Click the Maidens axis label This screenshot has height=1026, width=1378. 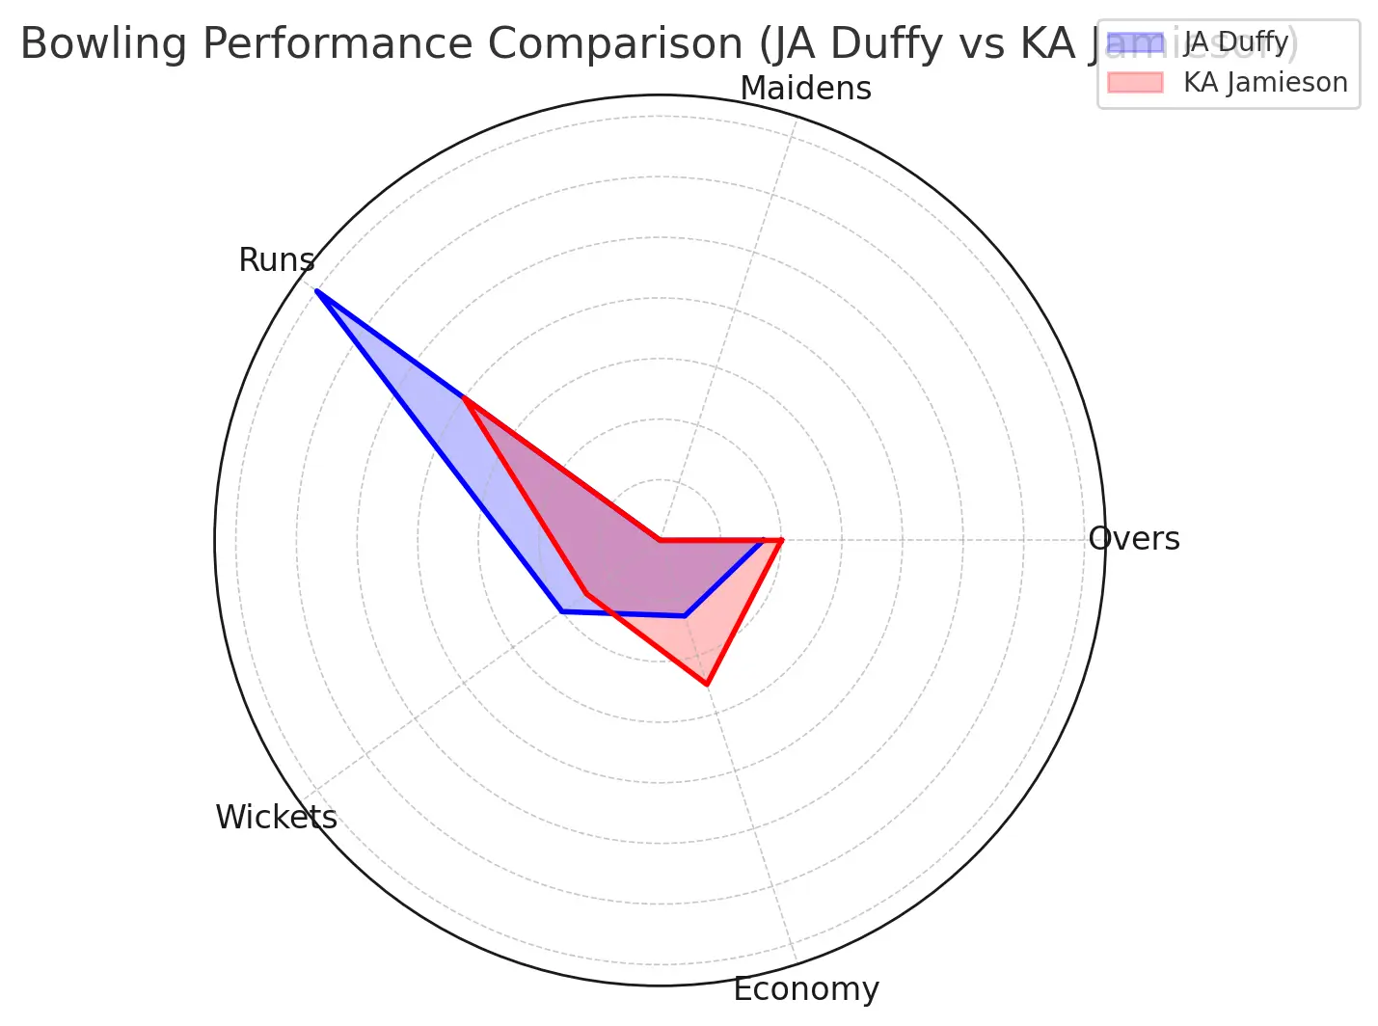(805, 89)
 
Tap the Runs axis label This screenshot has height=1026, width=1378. (277, 260)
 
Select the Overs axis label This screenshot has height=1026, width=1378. (1134, 539)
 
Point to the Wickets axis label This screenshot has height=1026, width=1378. (276, 818)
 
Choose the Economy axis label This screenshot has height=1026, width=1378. (806, 989)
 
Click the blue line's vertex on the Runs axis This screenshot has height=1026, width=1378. (316, 290)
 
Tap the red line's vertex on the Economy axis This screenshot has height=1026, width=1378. (707, 685)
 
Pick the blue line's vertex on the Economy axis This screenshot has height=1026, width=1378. (684, 614)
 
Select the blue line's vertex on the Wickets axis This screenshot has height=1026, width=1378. (561, 611)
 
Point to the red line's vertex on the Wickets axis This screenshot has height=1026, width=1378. (584, 593)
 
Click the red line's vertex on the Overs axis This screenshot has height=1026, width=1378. (781, 540)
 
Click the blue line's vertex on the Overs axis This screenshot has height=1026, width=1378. (764, 540)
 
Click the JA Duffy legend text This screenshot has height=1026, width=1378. (1235, 42)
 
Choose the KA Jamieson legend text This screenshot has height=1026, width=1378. (1265, 83)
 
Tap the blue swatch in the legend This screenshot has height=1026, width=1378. (1135, 42)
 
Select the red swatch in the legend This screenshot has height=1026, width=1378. (1135, 83)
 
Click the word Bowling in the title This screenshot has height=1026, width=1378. (88, 44)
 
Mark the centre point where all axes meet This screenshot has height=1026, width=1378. (660, 540)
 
